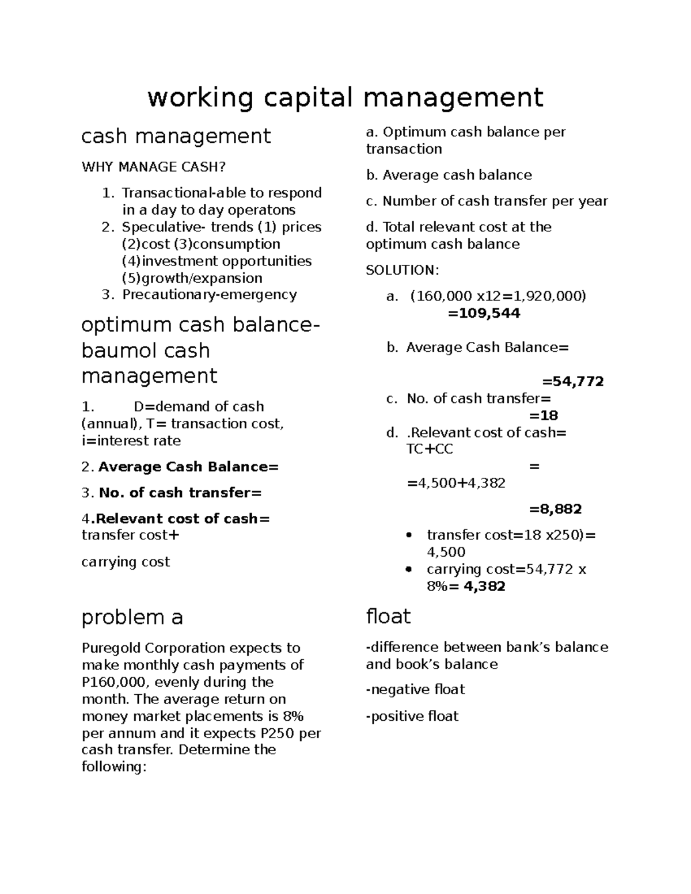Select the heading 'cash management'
click(176, 136)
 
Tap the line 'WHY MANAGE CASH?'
click(154, 167)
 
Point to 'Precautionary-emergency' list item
click(209, 295)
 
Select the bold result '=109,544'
click(484, 313)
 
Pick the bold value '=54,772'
click(572, 381)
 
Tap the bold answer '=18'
click(544, 415)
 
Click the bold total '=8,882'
click(555, 509)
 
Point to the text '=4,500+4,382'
click(456, 483)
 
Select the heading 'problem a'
click(132, 617)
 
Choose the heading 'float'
click(388, 617)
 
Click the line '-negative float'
click(415, 690)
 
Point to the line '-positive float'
click(412, 716)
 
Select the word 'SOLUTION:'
click(403, 270)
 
